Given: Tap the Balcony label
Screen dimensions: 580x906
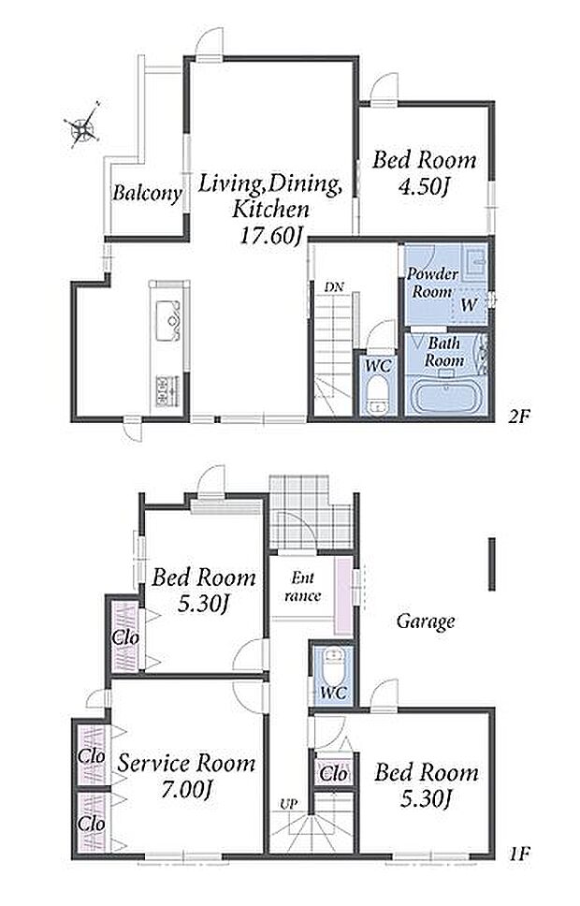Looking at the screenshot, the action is [147, 193].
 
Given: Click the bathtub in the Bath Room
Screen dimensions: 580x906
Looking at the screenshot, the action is [444, 397].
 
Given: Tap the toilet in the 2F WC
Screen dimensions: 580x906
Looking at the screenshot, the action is [378, 397].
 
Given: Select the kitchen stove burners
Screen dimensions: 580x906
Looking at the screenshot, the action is [168, 391].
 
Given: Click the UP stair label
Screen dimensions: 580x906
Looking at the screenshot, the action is [287, 804].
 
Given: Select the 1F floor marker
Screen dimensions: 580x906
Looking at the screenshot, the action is [519, 854].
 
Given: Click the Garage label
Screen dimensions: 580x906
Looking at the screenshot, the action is [426, 621].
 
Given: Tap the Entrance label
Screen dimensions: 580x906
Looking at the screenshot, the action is [302, 587].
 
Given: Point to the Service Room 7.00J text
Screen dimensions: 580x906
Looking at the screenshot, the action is [186, 775].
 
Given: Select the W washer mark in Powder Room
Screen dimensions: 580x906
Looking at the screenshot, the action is [469, 304].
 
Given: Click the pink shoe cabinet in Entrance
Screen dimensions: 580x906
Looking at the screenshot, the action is [343, 596].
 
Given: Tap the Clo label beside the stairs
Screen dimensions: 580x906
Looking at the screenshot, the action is [333, 774].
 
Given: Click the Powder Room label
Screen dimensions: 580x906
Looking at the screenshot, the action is [432, 283].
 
